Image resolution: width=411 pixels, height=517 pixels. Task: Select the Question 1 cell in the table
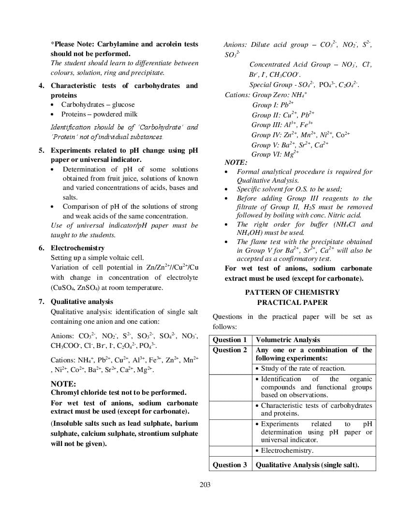pyautogui.click(x=230, y=340)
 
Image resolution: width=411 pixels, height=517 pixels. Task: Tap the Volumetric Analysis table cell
pyautogui.click(x=288, y=340)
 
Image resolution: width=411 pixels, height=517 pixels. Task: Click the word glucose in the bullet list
pyautogui.click(x=123, y=104)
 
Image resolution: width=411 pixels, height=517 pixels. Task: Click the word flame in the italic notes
pyautogui.click(x=259, y=242)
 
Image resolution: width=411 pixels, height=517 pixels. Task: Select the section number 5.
pyautogui.click(x=42, y=150)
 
